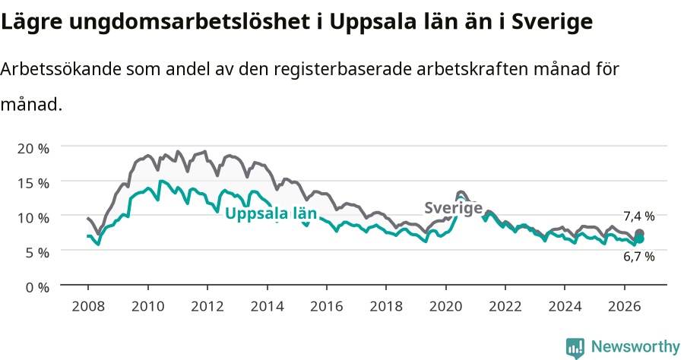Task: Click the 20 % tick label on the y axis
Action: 33,148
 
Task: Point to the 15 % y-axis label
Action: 33,183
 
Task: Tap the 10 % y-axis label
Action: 33,218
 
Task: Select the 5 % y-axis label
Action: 37,253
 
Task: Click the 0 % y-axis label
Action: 37,288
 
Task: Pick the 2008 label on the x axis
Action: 88,306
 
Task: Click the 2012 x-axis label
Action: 207,306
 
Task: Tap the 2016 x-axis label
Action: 326,306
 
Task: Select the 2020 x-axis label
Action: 445,306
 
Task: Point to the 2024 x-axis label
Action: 565,306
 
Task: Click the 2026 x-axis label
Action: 624,306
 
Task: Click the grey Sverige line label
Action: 454,208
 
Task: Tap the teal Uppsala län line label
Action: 271,213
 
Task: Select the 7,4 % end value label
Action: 639,216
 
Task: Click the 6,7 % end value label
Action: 639,257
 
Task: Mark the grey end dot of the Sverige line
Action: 639,233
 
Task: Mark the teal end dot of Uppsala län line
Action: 639,238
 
